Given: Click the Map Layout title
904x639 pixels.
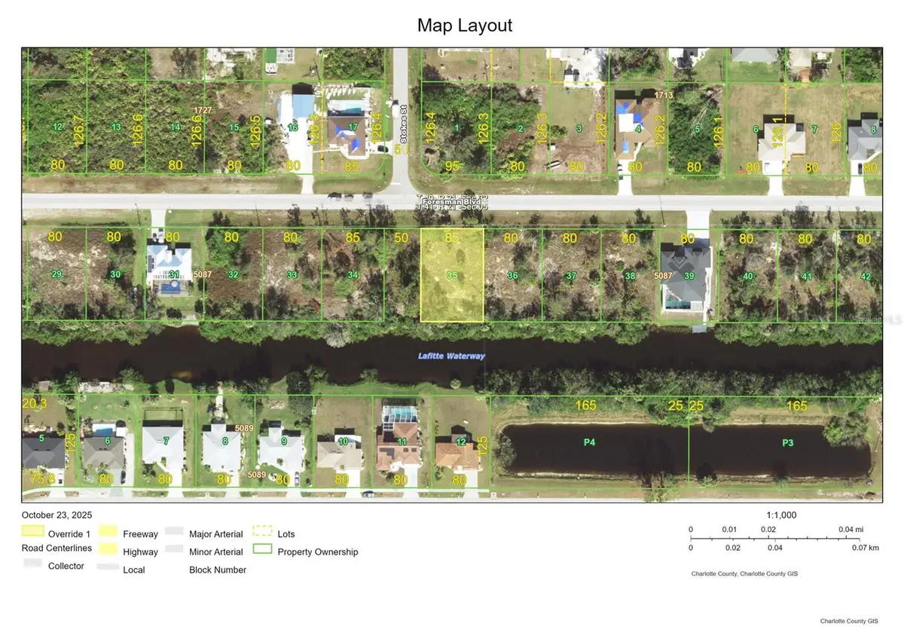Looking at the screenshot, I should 465,25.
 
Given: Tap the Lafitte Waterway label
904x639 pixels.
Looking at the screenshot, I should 452,356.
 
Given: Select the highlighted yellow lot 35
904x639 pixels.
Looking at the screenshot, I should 452,276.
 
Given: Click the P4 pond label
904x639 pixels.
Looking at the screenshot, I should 589,442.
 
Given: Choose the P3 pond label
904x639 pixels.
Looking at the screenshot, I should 787,442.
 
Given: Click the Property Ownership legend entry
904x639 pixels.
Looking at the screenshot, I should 317,552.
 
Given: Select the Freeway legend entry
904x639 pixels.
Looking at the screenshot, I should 140,534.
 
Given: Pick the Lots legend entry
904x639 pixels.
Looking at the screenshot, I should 286,534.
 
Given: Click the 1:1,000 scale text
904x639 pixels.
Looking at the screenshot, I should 780,515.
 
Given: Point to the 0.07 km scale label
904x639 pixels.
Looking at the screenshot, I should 863,548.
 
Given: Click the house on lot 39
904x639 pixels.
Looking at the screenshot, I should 685,277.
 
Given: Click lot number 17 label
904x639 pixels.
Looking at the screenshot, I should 353,126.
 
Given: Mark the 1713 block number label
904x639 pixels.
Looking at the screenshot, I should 663,95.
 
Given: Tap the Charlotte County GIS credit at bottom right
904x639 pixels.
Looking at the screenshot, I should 849,622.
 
